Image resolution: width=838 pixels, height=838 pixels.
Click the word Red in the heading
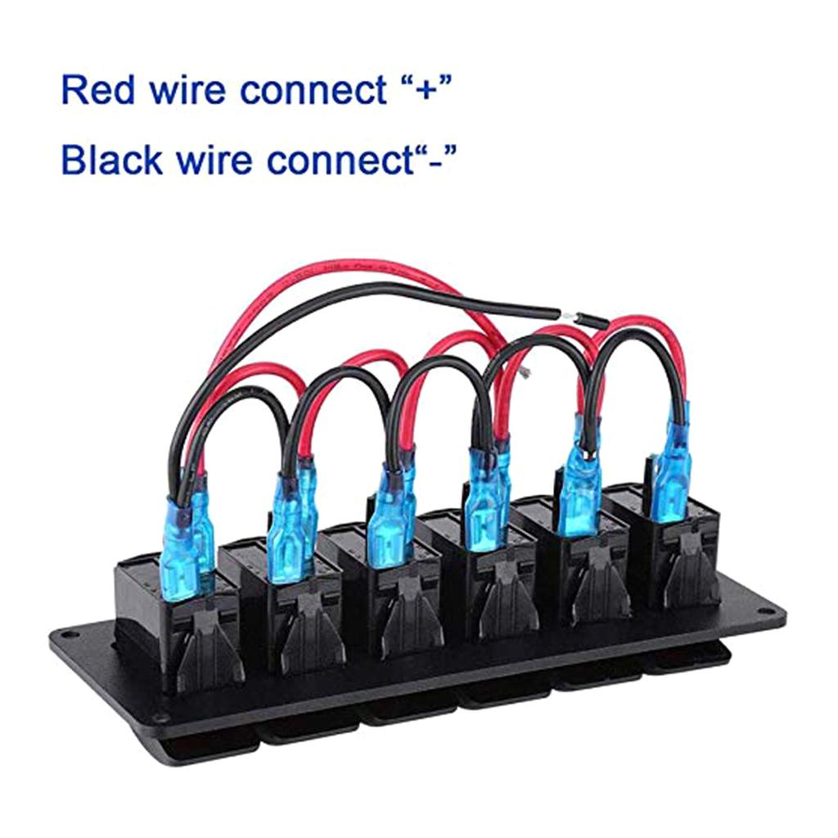click(98, 90)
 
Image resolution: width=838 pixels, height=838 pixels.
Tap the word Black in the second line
click(111, 160)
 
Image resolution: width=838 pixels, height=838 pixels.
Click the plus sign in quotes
click(426, 88)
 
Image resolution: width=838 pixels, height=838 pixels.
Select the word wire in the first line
click(187, 90)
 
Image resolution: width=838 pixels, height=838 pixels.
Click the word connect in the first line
click(313, 90)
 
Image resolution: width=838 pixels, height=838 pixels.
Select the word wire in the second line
click(214, 160)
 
